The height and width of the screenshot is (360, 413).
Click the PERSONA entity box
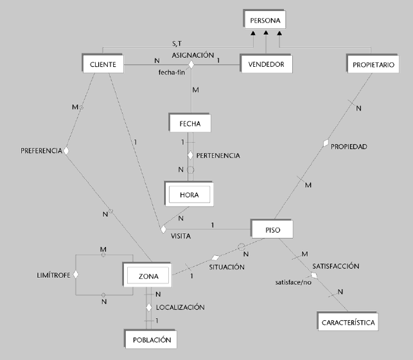point(262,20)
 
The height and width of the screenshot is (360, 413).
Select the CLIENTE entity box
point(103,64)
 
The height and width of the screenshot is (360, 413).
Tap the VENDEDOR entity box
point(266,64)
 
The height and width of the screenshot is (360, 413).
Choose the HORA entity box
point(189,194)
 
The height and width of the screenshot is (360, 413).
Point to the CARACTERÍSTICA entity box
point(347,321)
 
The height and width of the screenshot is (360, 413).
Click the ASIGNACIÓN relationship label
point(193,55)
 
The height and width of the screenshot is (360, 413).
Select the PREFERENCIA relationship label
point(42,151)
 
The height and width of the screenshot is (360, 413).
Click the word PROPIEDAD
point(349,147)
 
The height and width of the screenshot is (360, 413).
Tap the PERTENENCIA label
point(218,156)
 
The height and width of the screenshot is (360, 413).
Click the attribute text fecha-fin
point(171,72)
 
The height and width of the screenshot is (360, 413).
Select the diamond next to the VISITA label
point(163,228)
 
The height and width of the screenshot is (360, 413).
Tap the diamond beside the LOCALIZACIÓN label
point(149,307)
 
